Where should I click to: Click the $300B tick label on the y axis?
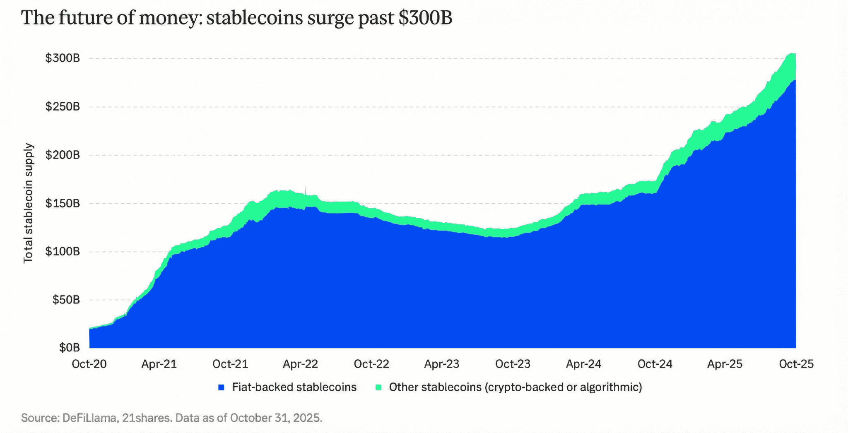pyautogui.click(x=63, y=58)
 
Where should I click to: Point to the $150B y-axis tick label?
pyautogui.click(x=63, y=204)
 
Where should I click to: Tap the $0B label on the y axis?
pyautogui.click(x=69, y=348)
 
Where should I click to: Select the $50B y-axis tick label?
pyautogui.click(x=66, y=300)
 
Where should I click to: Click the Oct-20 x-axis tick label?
pyautogui.click(x=89, y=364)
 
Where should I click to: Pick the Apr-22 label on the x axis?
pyautogui.click(x=300, y=364)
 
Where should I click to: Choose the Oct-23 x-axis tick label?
pyautogui.click(x=513, y=364)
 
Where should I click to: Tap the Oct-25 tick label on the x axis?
pyautogui.click(x=796, y=364)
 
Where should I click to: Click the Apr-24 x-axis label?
pyautogui.click(x=583, y=364)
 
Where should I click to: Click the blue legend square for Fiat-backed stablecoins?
pyautogui.click(x=221, y=387)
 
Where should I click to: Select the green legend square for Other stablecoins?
pyautogui.click(x=378, y=387)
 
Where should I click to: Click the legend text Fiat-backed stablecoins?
pyautogui.click(x=294, y=387)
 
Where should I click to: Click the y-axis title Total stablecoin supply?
pyautogui.click(x=28, y=203)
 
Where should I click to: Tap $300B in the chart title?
pyautogui.click(x=425, y=18)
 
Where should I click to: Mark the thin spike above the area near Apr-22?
pyautogui.click(x=306, y=189)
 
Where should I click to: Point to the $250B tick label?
pyautogui.click(x=63, y=107)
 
